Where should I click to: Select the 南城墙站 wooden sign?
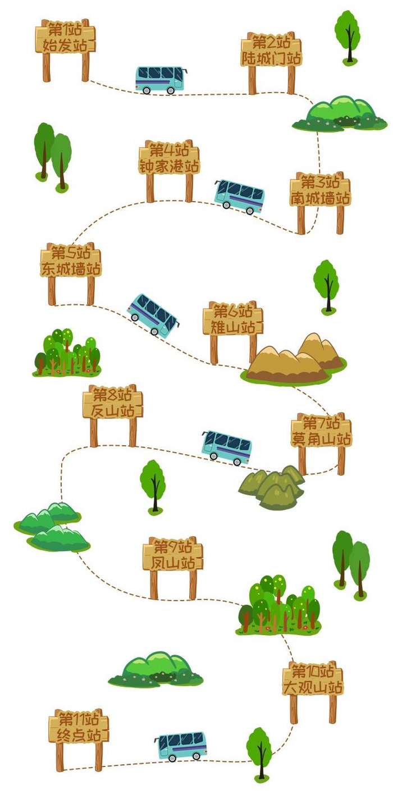[x=320, y=191]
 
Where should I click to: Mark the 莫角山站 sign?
[x=321, y=431]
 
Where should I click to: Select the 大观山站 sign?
[x=313, y=679]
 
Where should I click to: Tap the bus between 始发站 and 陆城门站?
[x=160, y=80]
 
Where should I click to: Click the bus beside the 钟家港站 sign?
[x=239, y=197]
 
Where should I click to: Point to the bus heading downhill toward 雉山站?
[x=153, y=314]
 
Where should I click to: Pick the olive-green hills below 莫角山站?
[x=272, y=486]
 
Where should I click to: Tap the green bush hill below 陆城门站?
[x=339, y=113]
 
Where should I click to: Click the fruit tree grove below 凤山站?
[x=279, y=606]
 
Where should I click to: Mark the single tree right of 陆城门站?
[x=348, y=35]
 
